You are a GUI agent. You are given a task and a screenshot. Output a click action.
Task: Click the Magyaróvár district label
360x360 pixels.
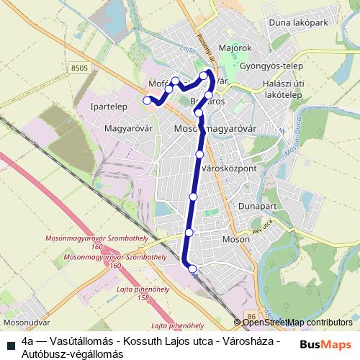coord(130,129)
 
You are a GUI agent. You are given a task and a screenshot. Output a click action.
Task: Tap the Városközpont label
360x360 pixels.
coord(230,170)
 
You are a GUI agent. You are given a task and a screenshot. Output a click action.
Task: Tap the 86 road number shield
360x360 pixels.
coord(251,315)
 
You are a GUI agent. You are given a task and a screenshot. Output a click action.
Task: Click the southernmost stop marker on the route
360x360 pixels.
coord(192,269)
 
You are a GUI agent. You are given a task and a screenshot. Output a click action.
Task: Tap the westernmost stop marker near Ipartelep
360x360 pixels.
coord(147,101)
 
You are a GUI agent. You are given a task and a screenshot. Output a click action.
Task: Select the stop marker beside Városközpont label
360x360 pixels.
coord(199,154)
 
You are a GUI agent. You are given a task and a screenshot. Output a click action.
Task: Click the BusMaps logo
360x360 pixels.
coord(326,344)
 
